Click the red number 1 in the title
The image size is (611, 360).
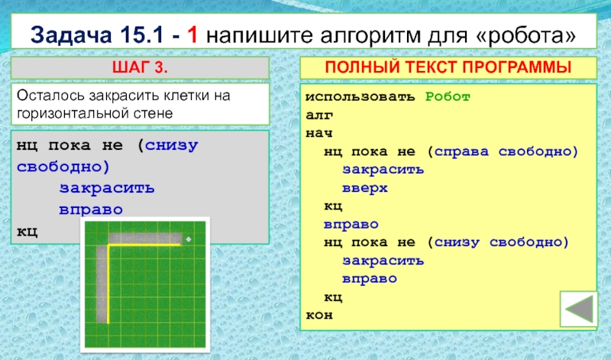(x=192, y=34)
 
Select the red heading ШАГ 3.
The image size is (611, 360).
(x=140, y=67)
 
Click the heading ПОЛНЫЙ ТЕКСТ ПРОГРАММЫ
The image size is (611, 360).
(x=448, y=67)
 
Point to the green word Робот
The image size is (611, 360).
(x=448, y=96)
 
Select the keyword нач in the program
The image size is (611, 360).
(x=319, y=134)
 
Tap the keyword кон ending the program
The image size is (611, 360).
(x=319, y=315)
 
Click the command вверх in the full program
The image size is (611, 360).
(x=365, y=188)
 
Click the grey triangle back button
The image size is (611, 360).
(x=579, y=309)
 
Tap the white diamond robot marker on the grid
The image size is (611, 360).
(x=189, y=239)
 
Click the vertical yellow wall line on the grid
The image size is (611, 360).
(x=108, y=284)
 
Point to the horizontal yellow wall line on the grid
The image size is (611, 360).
(x=144, y=245)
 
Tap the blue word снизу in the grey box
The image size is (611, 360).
(x=171, y=146)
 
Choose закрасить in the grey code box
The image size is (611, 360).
(x=107, y=188)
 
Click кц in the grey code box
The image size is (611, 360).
(x=27, y=232)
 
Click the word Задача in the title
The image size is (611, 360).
(x=71, y=35)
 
